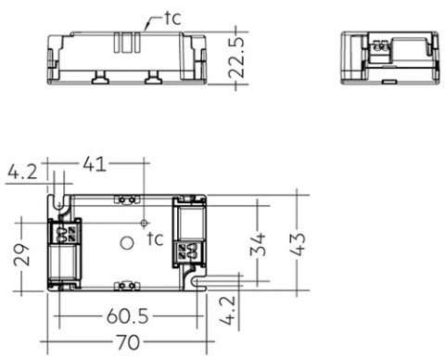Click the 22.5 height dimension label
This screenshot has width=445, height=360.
click(x=237, y=58)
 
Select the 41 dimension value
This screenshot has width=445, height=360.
click(x=95, y=163)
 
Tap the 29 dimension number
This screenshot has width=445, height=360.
click(x=21, y=255)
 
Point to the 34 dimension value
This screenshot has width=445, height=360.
click(x=258, y=245)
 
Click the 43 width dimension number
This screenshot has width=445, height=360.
click(x=298, y=244)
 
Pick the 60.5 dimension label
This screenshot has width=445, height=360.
click(x=127, y=316)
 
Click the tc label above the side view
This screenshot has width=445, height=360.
click(x=172, y=19)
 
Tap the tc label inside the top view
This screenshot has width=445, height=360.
click(x=155, y=238)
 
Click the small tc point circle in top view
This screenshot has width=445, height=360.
click(x=144, y=223)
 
